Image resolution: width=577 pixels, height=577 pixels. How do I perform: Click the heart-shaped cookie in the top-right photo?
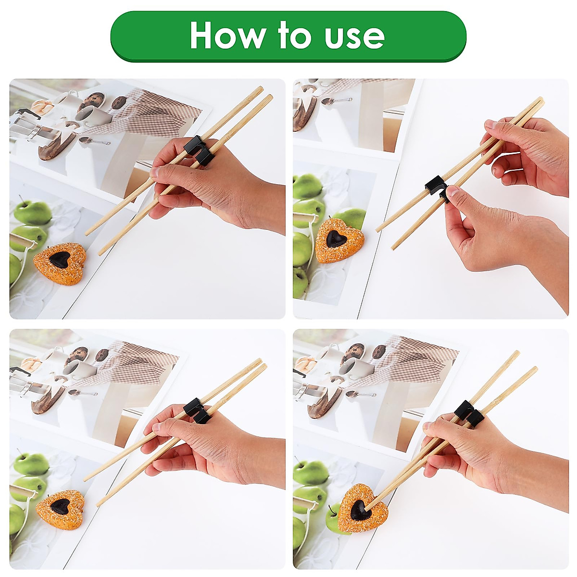point(339,234)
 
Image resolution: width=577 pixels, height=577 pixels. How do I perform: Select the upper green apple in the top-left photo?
point(33,212)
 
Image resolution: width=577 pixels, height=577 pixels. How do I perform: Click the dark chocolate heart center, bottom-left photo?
point(61,506)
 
